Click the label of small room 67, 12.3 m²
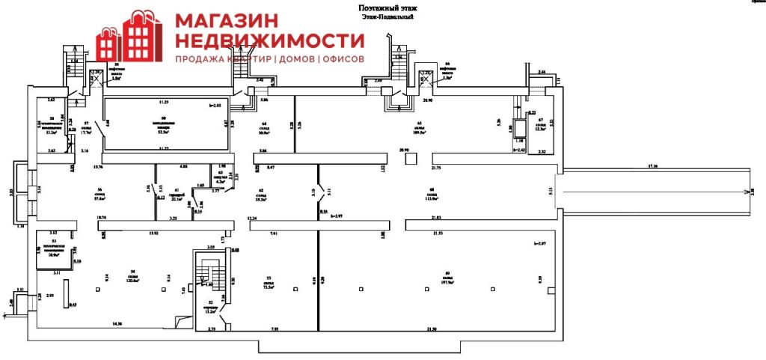click(540, 125)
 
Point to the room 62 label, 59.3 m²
click(261, 197)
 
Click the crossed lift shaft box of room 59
click(96, 76)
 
